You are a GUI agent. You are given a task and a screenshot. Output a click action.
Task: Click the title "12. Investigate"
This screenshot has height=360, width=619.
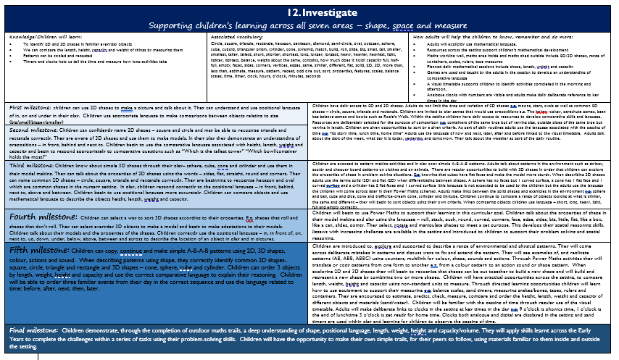tap(310, 12)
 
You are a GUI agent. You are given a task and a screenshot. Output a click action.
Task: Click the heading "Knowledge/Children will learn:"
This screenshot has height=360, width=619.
tap(39, 35)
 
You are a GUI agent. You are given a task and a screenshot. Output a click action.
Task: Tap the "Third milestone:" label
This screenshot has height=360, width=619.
tap(28, 166)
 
